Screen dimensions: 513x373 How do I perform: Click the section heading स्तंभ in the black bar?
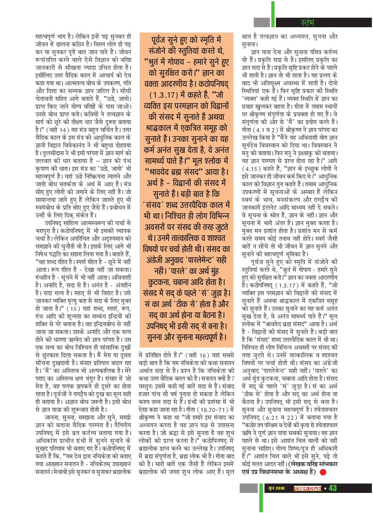pyautogui.click(x=307, y=23)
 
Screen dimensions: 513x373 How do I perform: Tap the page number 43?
pyautogui.click(x=333, y=488)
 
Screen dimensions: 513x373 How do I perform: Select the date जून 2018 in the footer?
pyautogui.click(x=276, y=488)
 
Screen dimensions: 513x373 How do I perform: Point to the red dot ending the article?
pyautogui.click(x=323, y=472)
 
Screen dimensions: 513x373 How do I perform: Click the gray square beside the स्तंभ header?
pyautogui.click(x=262, y=22)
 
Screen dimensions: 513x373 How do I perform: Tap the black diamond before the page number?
pyautogui.click(x=325, y=488)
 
